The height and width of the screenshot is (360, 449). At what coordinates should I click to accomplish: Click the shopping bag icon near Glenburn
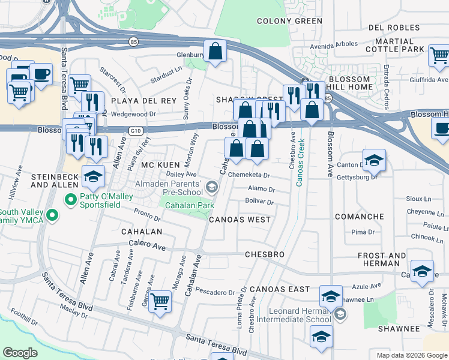click(x=215, y=52)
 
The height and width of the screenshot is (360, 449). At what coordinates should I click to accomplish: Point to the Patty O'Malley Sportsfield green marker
click(x=71, y=199)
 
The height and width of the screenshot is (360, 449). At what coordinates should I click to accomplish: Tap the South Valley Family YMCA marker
click(x=52, y=214)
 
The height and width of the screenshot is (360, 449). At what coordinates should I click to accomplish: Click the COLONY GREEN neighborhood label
click(x=289, y=21)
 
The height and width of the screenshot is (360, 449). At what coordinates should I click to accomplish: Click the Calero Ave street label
click(x=147, y=245)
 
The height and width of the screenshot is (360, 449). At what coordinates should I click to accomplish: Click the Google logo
click(x=20, y=352)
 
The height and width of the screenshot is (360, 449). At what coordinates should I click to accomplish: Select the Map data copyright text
click(x=412, y=355)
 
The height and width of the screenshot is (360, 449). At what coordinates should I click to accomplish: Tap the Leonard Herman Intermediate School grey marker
click(x=340, y=314)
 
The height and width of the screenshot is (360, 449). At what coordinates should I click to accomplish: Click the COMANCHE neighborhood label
click(x=360, y=217)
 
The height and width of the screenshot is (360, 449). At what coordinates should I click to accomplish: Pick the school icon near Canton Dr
click(x=374, y=160)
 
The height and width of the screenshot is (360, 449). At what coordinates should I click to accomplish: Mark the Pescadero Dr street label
click(x=215, y=293)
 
